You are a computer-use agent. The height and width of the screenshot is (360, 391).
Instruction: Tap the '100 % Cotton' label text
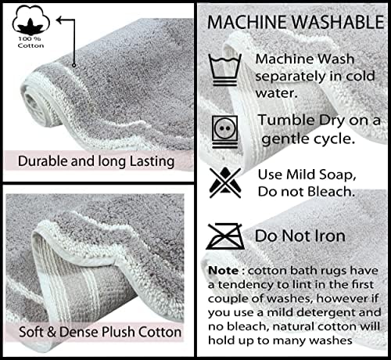click(x=30, y=42)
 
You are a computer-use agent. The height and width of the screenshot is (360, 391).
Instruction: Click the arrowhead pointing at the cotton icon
click(x=60, y=20)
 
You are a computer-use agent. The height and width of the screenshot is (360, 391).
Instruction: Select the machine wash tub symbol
click(x=225, y=70)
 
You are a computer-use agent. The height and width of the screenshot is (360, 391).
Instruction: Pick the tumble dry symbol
click(x=225, y=131)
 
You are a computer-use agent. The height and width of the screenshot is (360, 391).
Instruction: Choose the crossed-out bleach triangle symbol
click(x=225, y=182)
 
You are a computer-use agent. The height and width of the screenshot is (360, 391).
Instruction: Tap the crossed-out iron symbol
click(x=225, y=236)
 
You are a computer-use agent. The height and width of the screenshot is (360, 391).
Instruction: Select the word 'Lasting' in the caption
click(x=152, y=161)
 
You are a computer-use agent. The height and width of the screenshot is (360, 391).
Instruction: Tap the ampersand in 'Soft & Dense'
click(x=52, y=332)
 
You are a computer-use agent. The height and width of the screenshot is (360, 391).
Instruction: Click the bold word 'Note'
click(x=223, y=271)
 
